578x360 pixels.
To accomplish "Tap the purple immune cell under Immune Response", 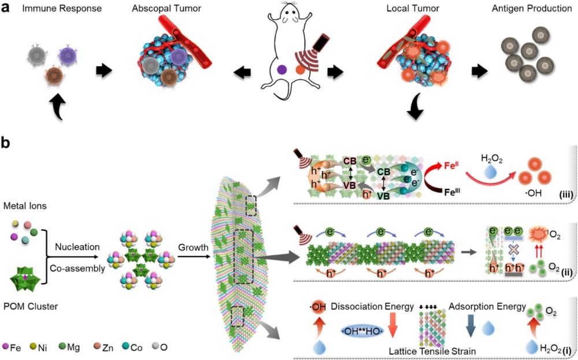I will point(68,56).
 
